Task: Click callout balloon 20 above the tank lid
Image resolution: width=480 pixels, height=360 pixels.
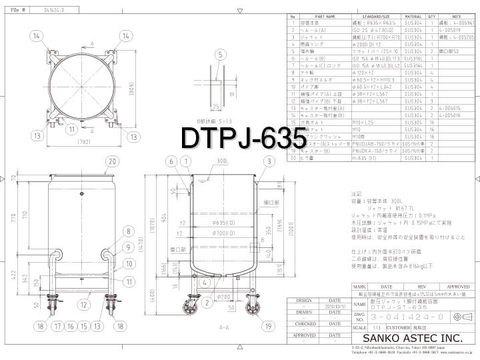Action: click(x=111, y=161)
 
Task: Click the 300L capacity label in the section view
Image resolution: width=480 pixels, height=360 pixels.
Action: click(x=222, y=162)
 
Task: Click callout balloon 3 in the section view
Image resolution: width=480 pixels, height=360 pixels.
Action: click(x=268, y=161)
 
